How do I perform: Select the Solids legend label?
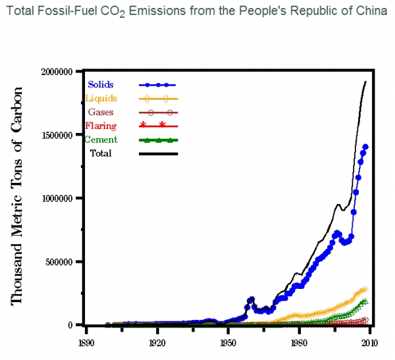pyautogui.click(x=101, y=84)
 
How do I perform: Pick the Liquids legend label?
pyautogui.click(x=101, y=98)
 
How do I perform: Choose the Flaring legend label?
pyautogui.click(x=101, y=126)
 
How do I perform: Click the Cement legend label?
pyautogui.click(x=101, y=140)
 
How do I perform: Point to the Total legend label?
pyautogui.click(x=101, y=153)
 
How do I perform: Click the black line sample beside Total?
pyautogui.click(x=159, y=154)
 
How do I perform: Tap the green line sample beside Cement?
pyautogui.click(x=159, y=140)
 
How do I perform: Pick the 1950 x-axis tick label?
pyautogui.click(x=228, y=343)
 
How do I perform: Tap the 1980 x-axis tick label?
pyautogui.click(x=299, y=343)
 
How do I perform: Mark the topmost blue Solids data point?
pyautogui.click(x=365, y=147)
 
